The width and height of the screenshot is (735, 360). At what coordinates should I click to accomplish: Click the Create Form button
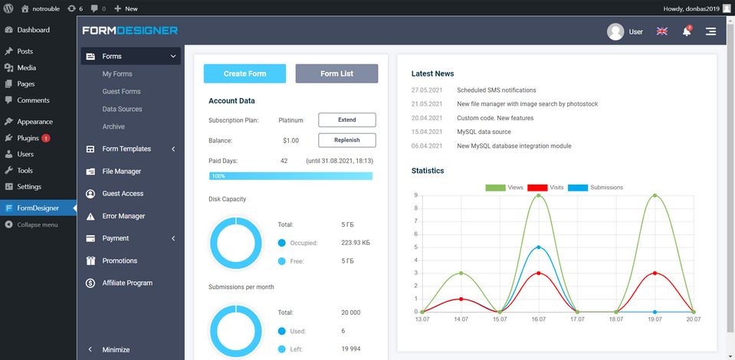[244, 74]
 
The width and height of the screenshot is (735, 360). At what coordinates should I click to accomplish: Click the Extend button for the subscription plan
[346, 120]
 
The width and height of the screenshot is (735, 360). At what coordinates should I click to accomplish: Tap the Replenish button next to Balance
[346, 140]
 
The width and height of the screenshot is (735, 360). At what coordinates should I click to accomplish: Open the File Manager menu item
[121, 172]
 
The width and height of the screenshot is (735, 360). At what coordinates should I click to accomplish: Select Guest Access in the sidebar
[123, 194]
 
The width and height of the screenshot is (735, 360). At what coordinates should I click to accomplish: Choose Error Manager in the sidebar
[123, 216]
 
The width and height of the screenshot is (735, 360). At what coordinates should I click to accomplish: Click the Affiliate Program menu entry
[127, 283]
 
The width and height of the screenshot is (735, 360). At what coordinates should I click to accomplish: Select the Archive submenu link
[113, 126]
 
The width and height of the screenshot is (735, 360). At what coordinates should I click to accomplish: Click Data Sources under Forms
[122, 109]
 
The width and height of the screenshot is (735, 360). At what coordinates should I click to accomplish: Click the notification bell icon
[687, 32]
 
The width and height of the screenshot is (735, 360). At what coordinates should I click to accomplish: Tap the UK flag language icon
[661, 32]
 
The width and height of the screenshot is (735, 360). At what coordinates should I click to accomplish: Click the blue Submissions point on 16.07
[539, 247]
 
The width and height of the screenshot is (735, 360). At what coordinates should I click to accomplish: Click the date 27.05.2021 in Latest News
[427, 90]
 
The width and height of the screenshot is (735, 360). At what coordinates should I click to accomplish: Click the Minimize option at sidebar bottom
[116, 349]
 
